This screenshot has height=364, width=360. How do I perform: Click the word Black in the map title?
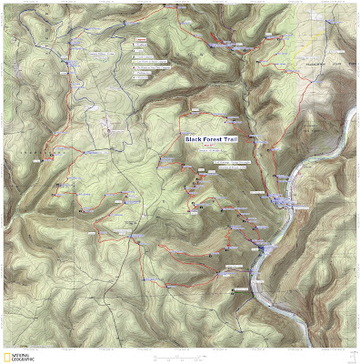pos(193,138)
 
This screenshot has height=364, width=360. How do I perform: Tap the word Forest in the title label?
pos(211,138)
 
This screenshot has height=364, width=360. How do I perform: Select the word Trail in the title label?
pos(228,138)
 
